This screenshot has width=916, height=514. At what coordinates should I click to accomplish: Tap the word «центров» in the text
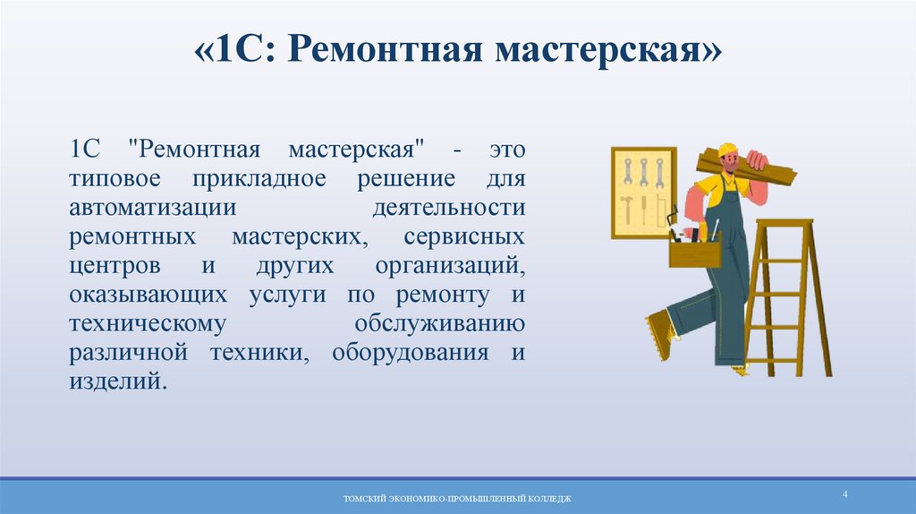115,267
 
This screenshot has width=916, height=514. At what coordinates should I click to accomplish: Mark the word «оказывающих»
140,295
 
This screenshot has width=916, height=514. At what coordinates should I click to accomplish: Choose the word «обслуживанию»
439,323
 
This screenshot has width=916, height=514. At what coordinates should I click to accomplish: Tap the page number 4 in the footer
844,494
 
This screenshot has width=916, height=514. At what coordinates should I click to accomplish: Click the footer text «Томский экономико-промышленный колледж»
457,498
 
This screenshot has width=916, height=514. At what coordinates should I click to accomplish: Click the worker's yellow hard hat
727,149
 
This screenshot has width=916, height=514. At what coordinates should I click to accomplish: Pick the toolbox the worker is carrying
694,250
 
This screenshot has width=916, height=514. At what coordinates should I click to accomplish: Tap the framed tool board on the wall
642,193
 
